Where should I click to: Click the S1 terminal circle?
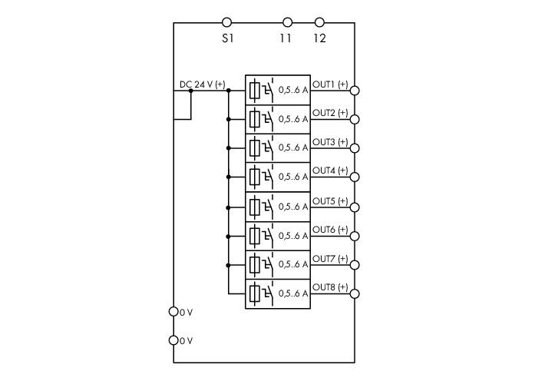click(226, 23)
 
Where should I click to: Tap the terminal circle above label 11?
click(288, 23)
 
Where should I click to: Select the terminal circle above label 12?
click(319, 23)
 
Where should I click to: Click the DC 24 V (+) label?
click(202, 84)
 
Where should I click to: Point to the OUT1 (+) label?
click(330, 84)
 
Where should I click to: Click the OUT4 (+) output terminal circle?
click(355, 177)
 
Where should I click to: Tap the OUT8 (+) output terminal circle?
click(355, 293)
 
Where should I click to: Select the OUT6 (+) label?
click(330, 230)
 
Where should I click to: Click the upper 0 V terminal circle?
click(173, 312)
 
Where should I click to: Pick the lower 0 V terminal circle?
click(173, 340)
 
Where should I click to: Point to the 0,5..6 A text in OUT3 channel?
click(293, 147)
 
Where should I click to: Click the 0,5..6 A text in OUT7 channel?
click(293, 264)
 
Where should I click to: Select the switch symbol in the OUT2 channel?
click(268, 118)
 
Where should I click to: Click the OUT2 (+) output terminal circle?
click(355, 119)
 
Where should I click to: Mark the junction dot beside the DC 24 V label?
click(191, 91)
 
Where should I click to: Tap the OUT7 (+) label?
click(330, 259)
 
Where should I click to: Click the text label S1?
click(227, 38)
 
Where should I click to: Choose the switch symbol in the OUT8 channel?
click(268, 293)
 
